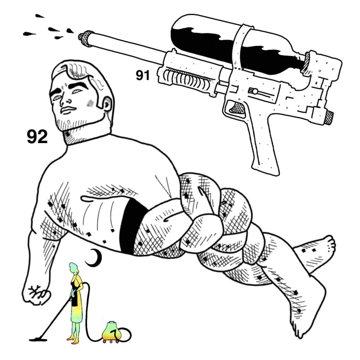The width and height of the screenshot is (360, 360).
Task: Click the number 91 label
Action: (143, 75)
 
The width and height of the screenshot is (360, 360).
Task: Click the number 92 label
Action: (37, 137)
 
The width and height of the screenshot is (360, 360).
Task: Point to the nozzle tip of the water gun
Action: (81, 37)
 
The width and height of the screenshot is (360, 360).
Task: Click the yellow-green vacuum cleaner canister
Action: (112, 332)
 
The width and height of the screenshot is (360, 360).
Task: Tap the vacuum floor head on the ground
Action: (38, 339)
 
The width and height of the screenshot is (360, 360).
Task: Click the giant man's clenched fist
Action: (37, 294)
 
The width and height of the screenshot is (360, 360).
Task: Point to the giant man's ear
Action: (108, 104)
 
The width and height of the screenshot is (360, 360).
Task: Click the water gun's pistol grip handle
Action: (264, 148)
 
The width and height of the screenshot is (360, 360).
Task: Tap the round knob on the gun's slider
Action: (255, 91)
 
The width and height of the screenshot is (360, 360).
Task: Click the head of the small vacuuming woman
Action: (74, 268)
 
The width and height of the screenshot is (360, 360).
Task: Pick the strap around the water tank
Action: (239, 46)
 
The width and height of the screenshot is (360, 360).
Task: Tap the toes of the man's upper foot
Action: (331, 244)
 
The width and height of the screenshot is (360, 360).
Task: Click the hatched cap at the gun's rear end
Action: (329, 117)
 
